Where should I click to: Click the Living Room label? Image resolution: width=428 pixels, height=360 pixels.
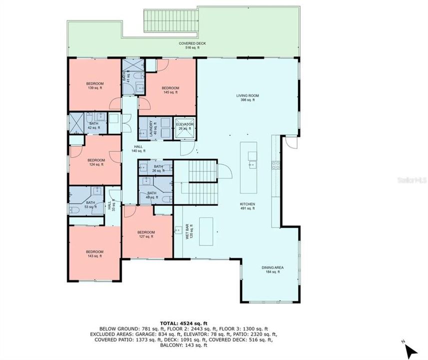click(247, 97)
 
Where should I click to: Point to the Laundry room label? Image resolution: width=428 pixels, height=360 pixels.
click(151, 128)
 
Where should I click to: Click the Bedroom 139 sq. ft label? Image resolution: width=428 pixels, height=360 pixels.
click(94, 85)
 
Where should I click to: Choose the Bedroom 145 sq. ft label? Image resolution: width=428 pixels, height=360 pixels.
click(170, 90)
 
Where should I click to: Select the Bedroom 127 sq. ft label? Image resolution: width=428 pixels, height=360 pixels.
click(146, 234)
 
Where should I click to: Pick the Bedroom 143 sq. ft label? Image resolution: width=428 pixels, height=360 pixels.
click(94, 253)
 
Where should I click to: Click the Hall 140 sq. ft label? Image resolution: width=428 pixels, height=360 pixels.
click(138, 148)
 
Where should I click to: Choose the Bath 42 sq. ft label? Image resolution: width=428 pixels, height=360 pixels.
click(94, 125)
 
